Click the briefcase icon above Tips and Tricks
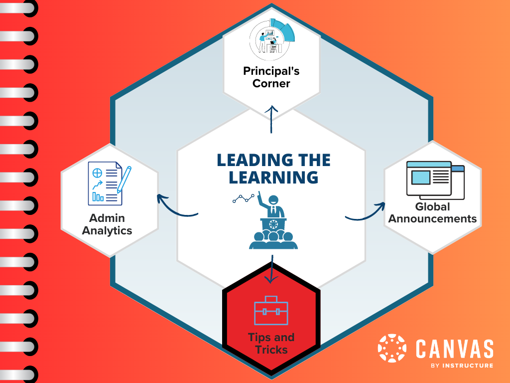pyautogui.click(x=271, y=311)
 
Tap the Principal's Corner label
pyautogui.click(x=271, y=77)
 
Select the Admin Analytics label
pyautogui.click(x=107, y=224)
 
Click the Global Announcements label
pyautogui.click(x=432, y=213)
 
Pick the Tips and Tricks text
pyautogui.click(x=271, y=344)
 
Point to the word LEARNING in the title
pyautogui.click(x=272, y=177)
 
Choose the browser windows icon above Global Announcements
pyautogui.click(x=435, y=179)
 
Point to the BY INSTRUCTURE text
pyautogui.click(x=462, y=366)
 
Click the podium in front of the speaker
pyautogui.click(x=272, y=224)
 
